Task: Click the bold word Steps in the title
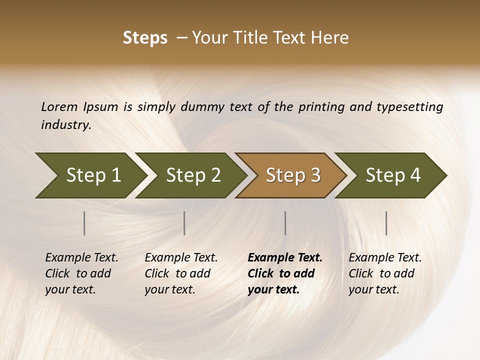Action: point(145,38)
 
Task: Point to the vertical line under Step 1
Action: point(84,223)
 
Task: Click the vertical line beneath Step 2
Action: point(184,223)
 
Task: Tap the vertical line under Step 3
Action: point(285,223)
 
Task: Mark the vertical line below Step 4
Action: point(386,223)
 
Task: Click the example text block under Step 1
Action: point(81,273)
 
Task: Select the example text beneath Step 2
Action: point(181,273)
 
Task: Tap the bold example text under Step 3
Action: point(285,273)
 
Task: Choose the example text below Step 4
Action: point(385,273)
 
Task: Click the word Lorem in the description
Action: point(59,107)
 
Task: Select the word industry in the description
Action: point(65,125)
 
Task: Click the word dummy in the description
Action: point(202,107)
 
